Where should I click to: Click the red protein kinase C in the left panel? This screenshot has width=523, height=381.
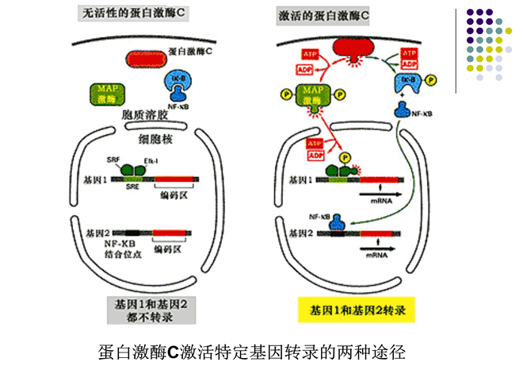147,59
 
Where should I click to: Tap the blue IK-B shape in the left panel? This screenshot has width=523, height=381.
178,83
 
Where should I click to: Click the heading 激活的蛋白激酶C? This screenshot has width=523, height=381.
324,14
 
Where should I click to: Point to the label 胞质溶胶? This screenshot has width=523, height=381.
143,116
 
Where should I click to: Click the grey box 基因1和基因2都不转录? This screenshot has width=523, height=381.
151,310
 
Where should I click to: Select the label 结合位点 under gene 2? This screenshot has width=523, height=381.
120,256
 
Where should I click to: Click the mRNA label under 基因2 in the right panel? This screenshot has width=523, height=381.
376,255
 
